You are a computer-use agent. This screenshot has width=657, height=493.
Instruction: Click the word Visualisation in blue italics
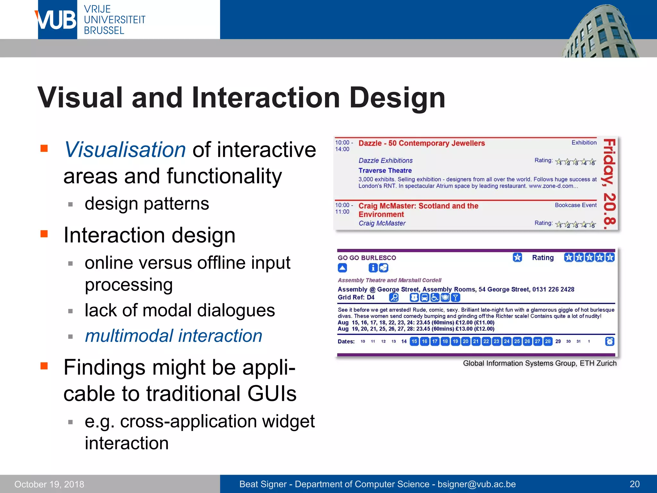tap(125, 150)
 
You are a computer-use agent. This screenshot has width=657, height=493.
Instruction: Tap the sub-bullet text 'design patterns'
tap(147, 204)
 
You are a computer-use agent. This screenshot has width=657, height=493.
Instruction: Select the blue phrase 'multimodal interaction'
tap(174, 336)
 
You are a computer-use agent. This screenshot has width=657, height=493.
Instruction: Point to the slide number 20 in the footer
tap(634, 484)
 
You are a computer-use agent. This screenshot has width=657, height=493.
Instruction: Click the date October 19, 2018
tap(49, 484)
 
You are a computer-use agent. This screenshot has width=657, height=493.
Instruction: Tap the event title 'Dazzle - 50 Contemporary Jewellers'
tap(421, 143)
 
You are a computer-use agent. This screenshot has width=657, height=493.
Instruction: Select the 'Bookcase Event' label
tap(576, 205)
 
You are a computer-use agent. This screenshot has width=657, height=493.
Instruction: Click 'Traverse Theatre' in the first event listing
tap(385, 170)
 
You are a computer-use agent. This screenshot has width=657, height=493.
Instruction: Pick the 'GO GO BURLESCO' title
tap(367, 258)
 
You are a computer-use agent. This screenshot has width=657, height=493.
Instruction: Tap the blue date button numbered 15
tap(414, 341)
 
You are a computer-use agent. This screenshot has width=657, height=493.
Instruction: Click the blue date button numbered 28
tap(548, 341)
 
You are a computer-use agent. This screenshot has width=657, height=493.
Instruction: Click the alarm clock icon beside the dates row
tap(610, 341)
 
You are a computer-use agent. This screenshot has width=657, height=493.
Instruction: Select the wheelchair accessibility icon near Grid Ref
tap(435, 298)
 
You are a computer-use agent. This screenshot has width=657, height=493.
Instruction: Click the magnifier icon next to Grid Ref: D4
tap(394, 298)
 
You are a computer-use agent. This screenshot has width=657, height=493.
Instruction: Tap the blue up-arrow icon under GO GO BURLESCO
tap(342, 268)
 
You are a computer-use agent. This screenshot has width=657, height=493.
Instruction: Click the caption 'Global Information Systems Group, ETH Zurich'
tap(540, 363)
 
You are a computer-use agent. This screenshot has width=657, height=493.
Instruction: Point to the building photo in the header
tap(600, 32)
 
